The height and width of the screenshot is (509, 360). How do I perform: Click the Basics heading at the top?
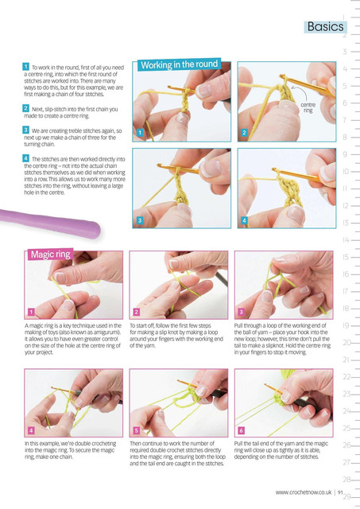click(325, 26)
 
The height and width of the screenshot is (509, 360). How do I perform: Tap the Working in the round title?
click(179, 64)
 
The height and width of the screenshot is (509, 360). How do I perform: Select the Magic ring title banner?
click(51, 254)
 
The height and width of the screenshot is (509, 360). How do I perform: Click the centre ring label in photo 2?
click(308, 107)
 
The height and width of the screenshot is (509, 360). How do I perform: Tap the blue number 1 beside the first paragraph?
click(26, 67)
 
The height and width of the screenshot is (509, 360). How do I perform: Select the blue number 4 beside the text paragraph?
click(26, 158)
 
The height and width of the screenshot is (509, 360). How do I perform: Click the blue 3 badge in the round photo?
click(140, 220)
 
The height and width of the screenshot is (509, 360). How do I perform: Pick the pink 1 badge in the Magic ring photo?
click(31, 312)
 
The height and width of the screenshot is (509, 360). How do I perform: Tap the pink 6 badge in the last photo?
click(241, 430)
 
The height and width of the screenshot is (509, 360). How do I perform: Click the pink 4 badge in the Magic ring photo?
click(31, 430)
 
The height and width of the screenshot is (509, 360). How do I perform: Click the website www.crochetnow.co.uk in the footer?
click(304, 492)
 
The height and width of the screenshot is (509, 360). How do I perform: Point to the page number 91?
click(340, 492)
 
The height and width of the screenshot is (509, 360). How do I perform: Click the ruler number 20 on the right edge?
click(346, 343)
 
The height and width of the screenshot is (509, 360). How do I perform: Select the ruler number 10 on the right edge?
click(346, 171)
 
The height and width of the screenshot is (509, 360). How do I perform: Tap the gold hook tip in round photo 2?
click(282, 77)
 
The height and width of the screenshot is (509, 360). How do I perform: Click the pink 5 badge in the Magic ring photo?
click(136, 430)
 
